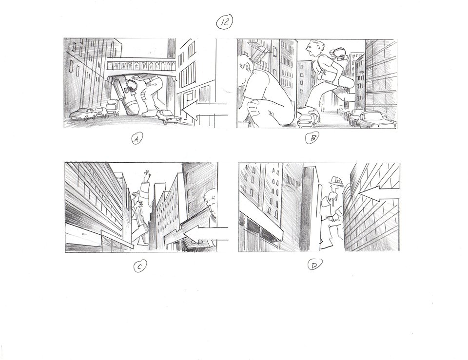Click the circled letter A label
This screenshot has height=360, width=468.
(x=136, y=139)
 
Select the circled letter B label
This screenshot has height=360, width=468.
(x=312, y=138)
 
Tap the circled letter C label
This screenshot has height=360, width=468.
(x=139, y=266)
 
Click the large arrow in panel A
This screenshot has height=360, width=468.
(x=204, y=110)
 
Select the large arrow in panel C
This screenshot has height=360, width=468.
(x=206, y=233)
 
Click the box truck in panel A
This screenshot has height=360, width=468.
(x=112, y=109)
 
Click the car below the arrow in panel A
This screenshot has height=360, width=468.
(x=168, y=116)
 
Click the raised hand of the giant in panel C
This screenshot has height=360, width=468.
(x=146, y=176)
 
